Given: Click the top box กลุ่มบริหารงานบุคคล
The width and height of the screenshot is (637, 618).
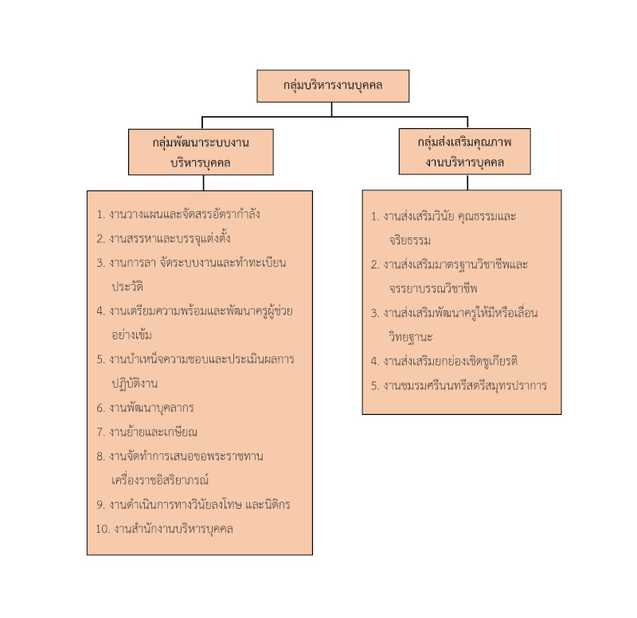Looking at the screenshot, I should (x=333, y=86).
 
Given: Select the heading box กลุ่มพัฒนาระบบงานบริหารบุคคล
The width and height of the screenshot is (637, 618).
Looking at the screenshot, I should (x=201, y=151).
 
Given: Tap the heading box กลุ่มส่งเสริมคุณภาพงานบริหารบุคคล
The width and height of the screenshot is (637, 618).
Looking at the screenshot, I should (x=464, y=151).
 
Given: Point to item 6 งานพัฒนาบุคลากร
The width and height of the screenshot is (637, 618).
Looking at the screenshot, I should (x=154, y=408).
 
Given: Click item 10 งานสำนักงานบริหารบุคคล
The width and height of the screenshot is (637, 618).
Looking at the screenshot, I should (x=173, y=528).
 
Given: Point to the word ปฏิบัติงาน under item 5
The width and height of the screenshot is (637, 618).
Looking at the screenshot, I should (x=135, y=383).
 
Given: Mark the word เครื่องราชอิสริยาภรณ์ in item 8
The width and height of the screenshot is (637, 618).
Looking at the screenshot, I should (x=161, y=480).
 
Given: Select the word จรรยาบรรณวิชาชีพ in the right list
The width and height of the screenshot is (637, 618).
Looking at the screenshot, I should (x=428, y=287).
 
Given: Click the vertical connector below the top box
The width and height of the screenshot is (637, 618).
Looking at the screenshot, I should (x=333, y=109).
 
